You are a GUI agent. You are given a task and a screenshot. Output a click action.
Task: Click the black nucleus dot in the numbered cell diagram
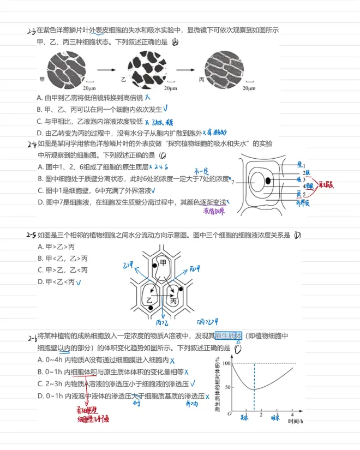click(x=268, y=181)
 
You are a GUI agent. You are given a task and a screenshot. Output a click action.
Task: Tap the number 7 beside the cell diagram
click(x=233, y=182)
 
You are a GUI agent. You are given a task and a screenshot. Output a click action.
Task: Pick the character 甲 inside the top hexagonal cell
click(x=163, y=263)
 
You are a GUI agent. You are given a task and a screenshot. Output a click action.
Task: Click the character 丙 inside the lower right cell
click(x=174, y=301)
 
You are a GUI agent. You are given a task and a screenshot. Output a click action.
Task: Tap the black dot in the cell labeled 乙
click(x=149, y=309)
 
